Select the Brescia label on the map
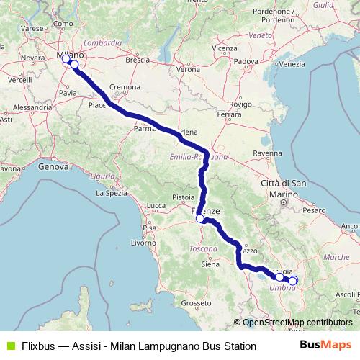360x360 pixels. [137, 60]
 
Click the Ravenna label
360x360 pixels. [267, 153]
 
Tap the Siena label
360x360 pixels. [210, 264]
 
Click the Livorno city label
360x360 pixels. [144, 243]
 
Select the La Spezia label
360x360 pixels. [111, 193]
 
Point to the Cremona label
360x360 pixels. [125, 86]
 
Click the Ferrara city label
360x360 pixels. [229, 114]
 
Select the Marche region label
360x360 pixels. [336, 256]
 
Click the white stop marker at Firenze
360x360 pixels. [200, 218]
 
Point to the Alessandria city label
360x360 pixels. [29, 107]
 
